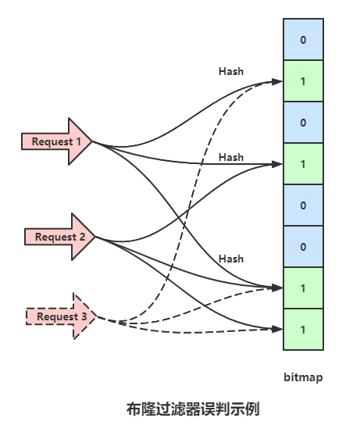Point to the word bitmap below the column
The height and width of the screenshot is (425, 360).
click(303, 377)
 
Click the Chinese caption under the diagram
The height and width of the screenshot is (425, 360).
click(193, 409)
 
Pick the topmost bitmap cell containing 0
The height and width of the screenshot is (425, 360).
click(304, 39)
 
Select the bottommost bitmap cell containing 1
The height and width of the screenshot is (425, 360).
click(304, 330)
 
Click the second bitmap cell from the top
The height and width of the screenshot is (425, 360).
click(304, 80)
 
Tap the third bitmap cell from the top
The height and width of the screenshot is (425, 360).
click(304, 122)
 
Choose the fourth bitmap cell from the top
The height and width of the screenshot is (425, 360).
click(304, 164)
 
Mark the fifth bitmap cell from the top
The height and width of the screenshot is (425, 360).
click(304, 205)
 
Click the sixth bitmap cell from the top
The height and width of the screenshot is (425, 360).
click(304, 247)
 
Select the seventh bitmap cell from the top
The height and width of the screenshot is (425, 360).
click(304, 287)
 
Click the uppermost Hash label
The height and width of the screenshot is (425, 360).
click(231, 72)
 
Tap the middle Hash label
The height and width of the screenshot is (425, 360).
click(231, 157)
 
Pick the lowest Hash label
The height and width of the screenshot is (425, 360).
click(231, 259)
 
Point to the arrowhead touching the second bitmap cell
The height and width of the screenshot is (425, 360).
click(277, 81)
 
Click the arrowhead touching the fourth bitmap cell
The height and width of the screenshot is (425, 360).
click(277, 164)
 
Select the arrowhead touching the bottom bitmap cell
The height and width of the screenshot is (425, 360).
click(277, 329)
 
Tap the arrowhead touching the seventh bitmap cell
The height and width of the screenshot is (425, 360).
click(277, 287)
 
